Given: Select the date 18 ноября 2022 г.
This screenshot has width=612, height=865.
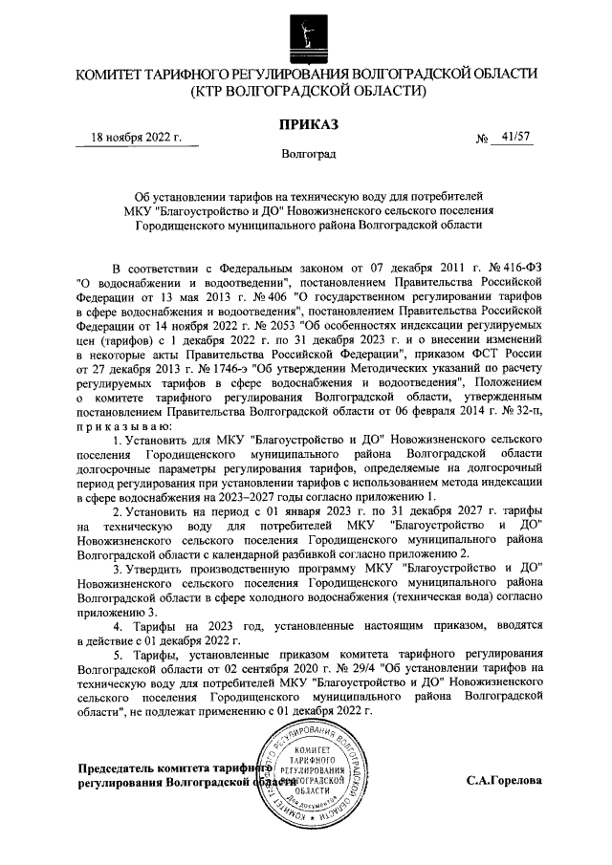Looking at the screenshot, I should click(136, 138).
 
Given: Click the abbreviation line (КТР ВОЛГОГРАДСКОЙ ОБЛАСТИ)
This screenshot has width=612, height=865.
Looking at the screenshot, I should click(306, 91).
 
